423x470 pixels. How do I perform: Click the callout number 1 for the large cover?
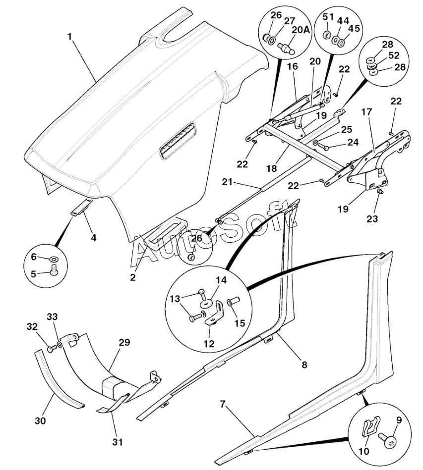[70, 36]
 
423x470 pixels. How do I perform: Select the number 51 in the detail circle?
[328, 17]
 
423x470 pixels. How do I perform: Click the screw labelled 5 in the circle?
[54, 270]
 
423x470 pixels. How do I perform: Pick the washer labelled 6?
[53, 259]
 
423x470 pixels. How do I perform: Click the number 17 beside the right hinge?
[366, 113]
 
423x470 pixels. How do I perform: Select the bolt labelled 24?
[323, 147]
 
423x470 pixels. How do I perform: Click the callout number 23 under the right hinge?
[372, 218]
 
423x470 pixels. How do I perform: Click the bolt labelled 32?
[50, 349]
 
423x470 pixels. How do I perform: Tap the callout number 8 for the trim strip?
[304, 365]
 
